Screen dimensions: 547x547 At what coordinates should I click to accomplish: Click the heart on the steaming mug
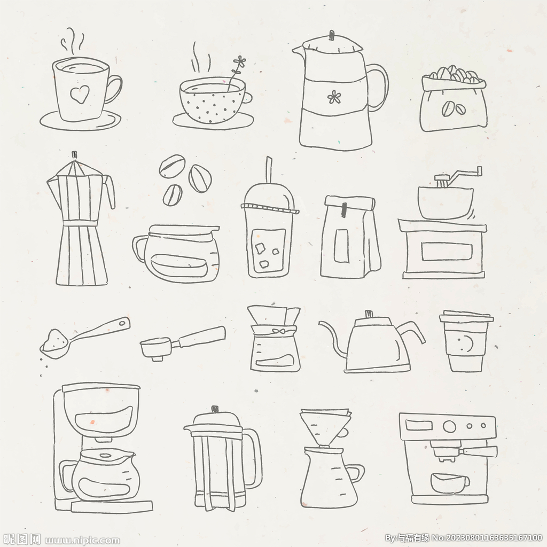tap(80, 94)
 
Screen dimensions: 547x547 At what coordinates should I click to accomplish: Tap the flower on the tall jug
tap(334, 97)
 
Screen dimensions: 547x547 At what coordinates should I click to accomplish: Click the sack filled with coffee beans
tap(453, 99)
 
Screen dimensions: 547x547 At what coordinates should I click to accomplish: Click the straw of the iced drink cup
tap(269, 170)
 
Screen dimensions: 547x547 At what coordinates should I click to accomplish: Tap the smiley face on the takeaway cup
tap(465, 343)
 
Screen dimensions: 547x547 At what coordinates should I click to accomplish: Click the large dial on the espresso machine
tap(449, 426)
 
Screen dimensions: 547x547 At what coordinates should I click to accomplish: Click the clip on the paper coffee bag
tap(345, 209)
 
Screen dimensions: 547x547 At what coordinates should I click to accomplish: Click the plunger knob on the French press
tap(215, 409)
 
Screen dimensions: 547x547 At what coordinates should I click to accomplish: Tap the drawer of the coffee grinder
tap(447, 252)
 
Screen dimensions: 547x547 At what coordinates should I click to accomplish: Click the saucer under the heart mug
tap(80, 120)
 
